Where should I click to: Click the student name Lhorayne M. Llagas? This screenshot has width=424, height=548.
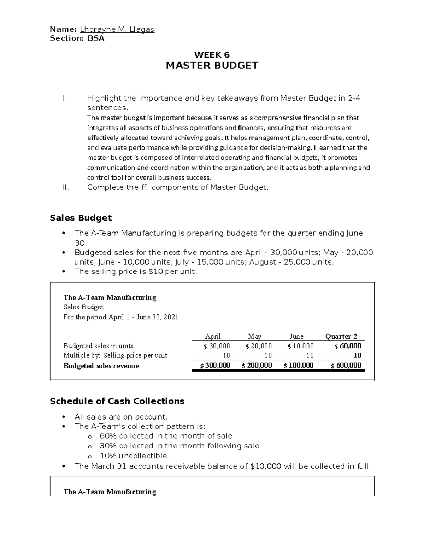(117, 29)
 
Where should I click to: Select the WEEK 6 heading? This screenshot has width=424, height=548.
(212, 55)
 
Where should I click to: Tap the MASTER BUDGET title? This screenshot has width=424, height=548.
(212, 66)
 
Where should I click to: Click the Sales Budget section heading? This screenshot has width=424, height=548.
(81, 218)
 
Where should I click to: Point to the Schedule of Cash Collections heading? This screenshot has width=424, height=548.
(117, 401)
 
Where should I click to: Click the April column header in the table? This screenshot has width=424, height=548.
(213, 336)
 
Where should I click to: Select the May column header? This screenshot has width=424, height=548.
(255, 336)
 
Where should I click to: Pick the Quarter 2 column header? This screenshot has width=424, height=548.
(341, 336)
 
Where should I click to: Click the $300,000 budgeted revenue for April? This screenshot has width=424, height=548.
(215, 366)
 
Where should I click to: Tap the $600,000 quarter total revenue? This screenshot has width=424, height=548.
(346, 366)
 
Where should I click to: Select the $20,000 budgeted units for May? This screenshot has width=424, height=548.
(259, 346)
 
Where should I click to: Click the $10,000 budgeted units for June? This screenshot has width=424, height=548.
(300, 346)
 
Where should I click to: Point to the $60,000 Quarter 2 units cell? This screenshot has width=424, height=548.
(348, 346)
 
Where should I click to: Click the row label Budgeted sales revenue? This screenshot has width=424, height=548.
(101, 366)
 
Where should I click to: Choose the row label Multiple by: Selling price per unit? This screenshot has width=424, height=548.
(115, 355)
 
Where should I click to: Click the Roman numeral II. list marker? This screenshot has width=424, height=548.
(65, 187)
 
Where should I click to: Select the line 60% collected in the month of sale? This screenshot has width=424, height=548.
(166, 436)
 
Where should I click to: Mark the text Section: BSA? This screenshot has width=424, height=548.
(77, 38)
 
